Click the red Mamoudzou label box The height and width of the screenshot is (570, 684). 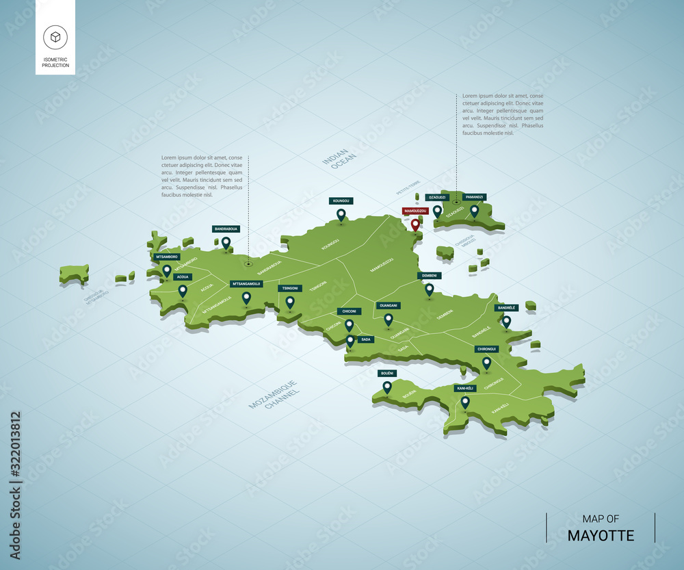coord(415,211)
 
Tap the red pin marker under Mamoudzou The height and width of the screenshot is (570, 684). coord(415,224)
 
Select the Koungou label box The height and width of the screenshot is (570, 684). coord(341,200)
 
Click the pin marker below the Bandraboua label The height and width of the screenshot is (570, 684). coord(226,242)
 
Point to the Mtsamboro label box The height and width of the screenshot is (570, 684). coord(167,257)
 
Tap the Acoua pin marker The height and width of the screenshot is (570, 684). coord(183,291)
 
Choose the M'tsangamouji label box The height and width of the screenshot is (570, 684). coord(246,283)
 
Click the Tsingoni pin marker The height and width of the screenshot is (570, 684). coord(290,302)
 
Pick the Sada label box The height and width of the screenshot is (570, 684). coord(366,339)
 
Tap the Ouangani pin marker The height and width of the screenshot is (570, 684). coord(389,319)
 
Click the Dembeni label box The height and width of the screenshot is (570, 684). coord(430,276)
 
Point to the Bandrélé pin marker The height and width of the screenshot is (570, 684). coord(506,321)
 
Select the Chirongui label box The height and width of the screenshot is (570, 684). coord(486,349)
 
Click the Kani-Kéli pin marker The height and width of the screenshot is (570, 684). coord(465,402)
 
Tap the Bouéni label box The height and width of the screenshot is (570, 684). coord(387,373)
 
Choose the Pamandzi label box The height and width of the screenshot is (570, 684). coord(475,197)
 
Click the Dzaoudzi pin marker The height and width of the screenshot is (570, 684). coord(437,211)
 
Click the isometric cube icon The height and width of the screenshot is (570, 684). coord(55,36)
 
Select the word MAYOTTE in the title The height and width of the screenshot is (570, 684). coord(601,535)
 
